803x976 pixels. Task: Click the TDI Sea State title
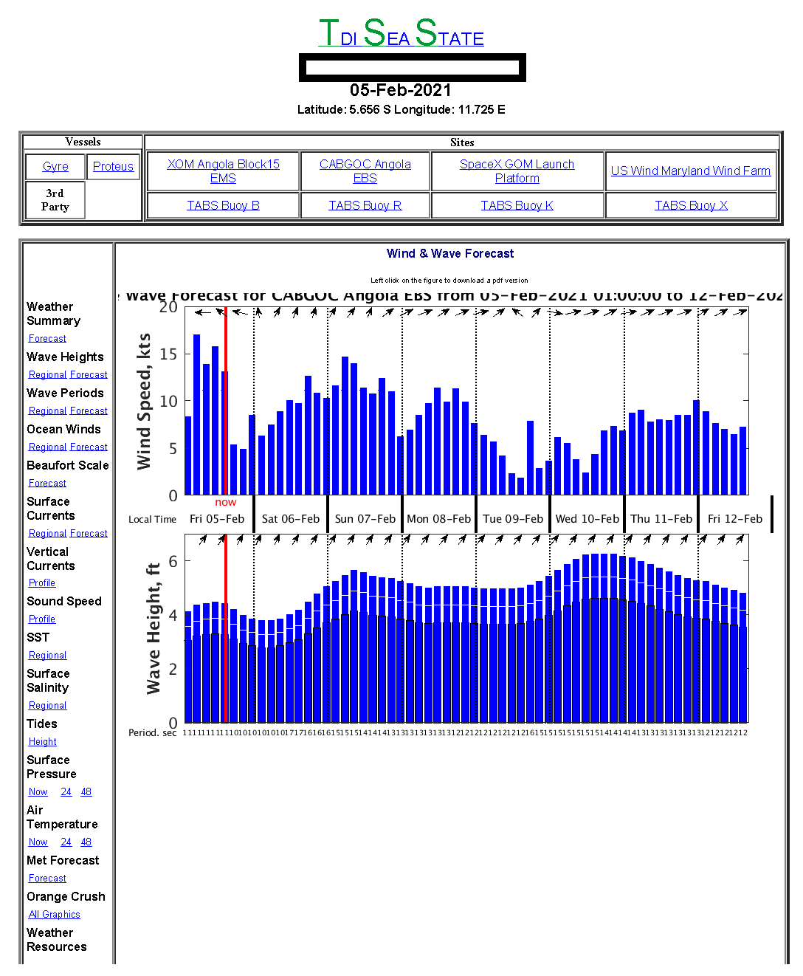tap(401, 34)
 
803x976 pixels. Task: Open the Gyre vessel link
tap(55, 167)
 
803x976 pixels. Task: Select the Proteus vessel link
tap(113, 167)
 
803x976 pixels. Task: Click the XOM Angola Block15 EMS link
tap(223, 171)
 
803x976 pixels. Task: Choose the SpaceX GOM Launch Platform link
tap(517, 171)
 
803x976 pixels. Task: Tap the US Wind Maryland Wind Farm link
tap(690, 171)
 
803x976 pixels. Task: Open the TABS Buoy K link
tap(517, 205)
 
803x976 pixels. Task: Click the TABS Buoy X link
tap(691, 205)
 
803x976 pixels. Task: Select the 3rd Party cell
tap(55, 200)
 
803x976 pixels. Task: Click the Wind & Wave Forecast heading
tap(450, 253)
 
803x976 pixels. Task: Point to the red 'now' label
tap(226, 502)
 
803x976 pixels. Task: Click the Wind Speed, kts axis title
tap(144, 401)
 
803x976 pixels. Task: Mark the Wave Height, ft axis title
tap(153, 628)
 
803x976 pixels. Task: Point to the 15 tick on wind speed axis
tap(169, 354)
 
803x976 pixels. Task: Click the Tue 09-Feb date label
tap(513, 519)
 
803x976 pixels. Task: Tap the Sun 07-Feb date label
tap(365, 519)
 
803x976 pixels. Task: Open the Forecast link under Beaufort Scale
tap(47, 483)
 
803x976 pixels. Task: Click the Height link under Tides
tap(43, 741)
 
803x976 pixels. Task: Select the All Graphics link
tap(54, 914)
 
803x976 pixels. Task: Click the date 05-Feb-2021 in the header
tap(401, 90)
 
